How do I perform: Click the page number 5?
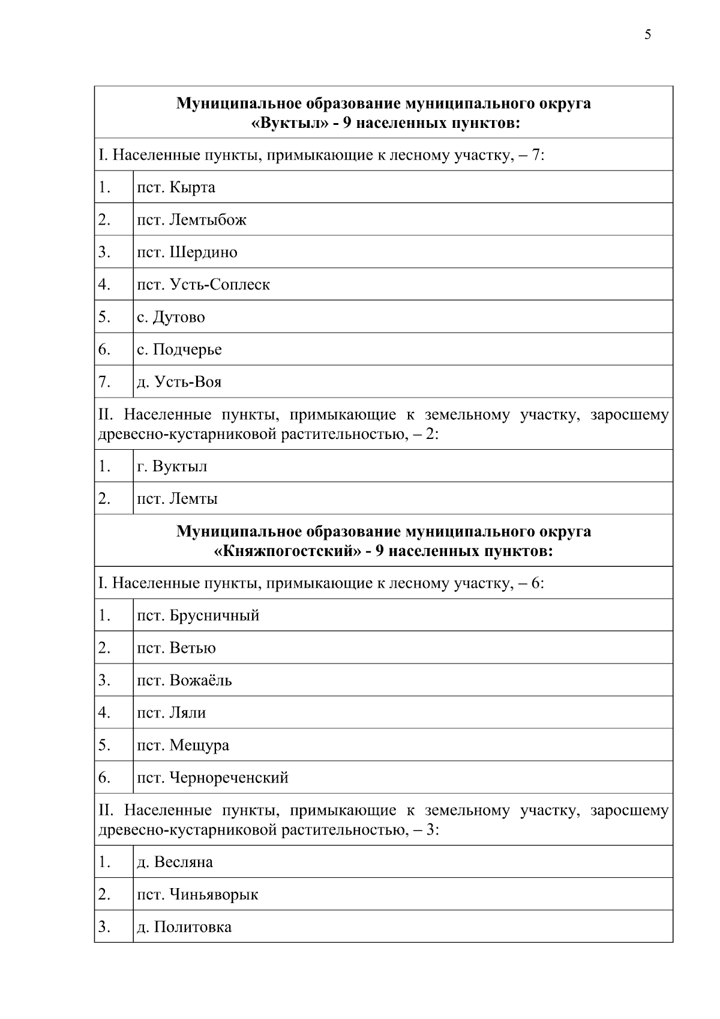coord(647,34)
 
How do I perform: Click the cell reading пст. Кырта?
coord(176,187)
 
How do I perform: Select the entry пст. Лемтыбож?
coord(191,220)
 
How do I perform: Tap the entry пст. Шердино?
coord(187,252)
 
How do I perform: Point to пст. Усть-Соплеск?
coord(203,285)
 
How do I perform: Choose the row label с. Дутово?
coord(170,317)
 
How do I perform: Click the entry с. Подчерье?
coord(179,349)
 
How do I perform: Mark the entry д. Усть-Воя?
coord(179,382)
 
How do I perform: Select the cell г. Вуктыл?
coord(172,467)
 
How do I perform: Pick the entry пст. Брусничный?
coord(198,615)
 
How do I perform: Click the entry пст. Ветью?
coord(176,648)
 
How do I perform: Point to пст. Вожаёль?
coord(184,680)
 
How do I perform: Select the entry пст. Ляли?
coord(171,713)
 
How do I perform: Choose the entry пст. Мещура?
coord(183,745)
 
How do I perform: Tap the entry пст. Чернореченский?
coord(212,778)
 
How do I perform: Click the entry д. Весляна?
coord(175,862)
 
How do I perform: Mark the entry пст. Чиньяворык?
coord(197,895)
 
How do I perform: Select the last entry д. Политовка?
coord(184,927)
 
